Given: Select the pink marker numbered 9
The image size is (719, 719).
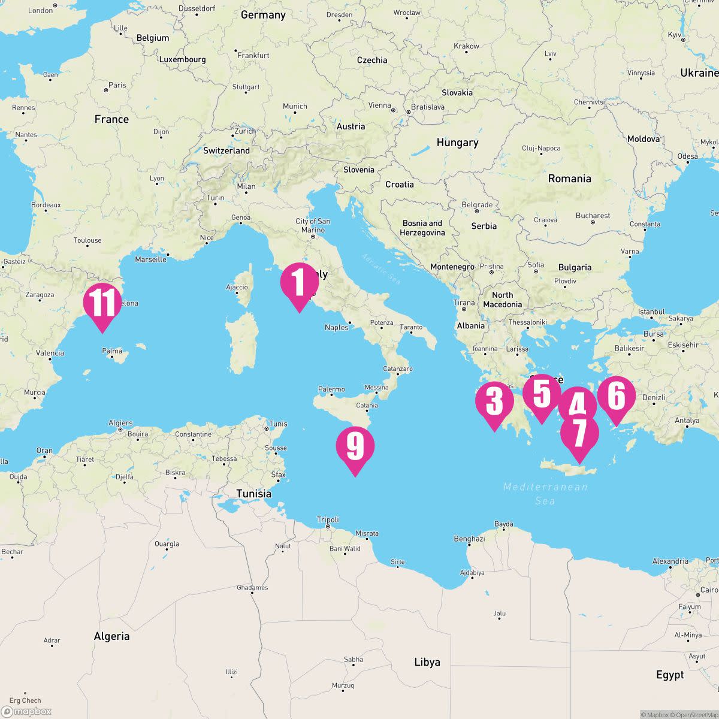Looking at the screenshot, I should [x=355, y=447].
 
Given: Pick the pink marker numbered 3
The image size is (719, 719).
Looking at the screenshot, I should [x=494, y=401].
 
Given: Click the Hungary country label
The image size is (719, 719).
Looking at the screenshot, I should [x=457, y=143].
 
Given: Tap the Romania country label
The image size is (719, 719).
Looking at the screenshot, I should [x=569, y=179].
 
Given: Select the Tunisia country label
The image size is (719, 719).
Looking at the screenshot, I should [x=253, y=494].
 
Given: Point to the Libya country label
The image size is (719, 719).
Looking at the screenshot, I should [x=427, y=662].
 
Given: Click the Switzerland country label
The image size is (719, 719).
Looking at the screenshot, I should [x=226, y=150].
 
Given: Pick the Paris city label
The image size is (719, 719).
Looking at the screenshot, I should [x=117, y=85].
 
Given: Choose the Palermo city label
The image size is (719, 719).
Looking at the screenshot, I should [x=331, y=389].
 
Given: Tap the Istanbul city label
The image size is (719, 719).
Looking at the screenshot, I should [x=651, y=312].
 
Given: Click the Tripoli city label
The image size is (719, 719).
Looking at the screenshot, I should [x=328, y=519].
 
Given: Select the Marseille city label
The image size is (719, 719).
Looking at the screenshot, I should [x=151, y=259].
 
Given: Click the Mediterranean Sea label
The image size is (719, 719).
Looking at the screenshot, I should [x=545, y=494].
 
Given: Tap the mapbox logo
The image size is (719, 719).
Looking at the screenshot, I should [x=28, y=711].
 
